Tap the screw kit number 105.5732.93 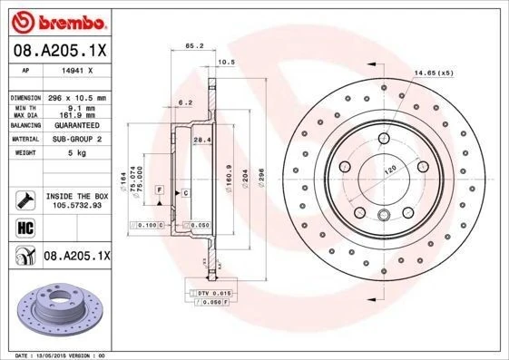pyautogui.click(x=76, y=205)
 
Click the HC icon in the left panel pyautogui.click(x=25, y=227)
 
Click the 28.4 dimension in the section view pyautogui.click(x=202, y=139)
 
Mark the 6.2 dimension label pyautogui.click(x=184, y=102)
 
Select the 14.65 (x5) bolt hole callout pyautogui.click(x=433, y=73)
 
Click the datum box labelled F pyautogui.click(x=160, y=189)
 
